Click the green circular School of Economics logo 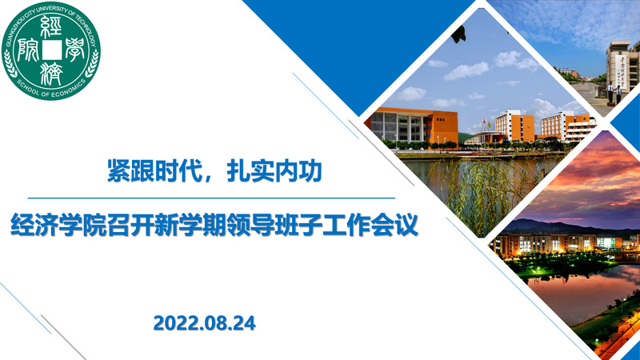click(51, 51)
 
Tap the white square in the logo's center click(51, 50)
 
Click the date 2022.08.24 click(205, 323)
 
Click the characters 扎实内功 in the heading click(274, 170)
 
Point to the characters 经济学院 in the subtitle click(58, 225)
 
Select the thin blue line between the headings click(211, 198)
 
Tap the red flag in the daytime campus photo click(484, 122)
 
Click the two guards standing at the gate click(614, 92)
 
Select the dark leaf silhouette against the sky click(458, 34)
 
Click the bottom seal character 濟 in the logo click(51, 74)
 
